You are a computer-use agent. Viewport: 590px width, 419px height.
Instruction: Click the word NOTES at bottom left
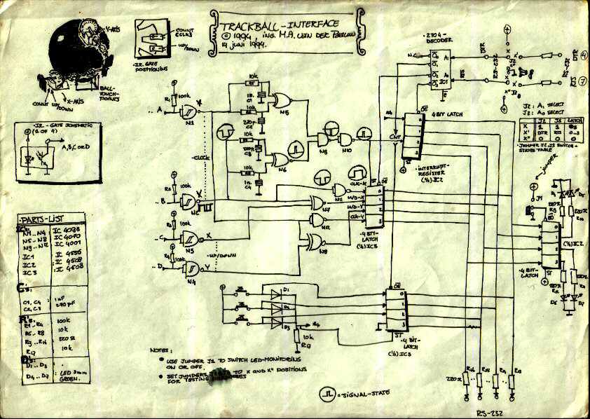click(160, 349)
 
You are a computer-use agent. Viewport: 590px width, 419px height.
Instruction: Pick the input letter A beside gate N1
click(160, 111)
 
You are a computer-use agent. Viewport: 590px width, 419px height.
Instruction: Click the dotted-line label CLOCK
click(200, 157)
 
